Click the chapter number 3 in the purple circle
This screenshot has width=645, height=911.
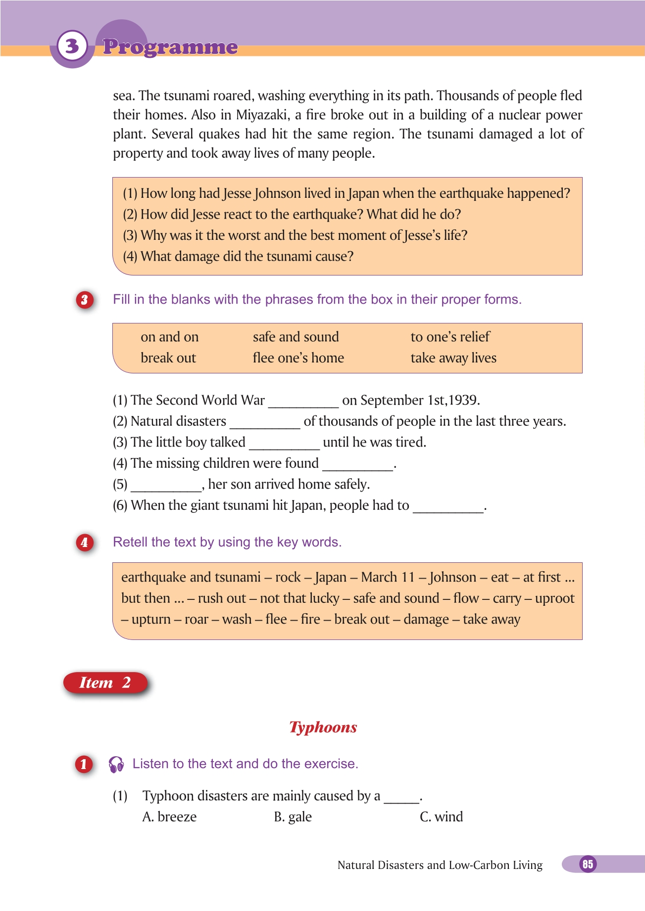72,46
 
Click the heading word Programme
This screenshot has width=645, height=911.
170,47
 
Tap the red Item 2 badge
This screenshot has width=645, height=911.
105,683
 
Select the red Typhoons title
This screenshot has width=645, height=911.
323,727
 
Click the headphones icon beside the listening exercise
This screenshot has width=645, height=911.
116,764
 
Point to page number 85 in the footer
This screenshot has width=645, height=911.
588,864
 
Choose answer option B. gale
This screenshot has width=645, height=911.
293,817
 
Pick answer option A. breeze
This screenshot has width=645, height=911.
169,817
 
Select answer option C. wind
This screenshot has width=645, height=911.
441,817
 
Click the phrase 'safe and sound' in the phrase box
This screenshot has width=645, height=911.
296,337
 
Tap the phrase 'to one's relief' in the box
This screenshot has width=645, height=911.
450,337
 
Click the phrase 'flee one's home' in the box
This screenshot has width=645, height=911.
298,358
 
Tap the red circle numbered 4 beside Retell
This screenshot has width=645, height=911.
85,543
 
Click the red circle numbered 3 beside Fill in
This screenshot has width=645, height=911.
85,300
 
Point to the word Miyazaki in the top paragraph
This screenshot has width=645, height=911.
262,115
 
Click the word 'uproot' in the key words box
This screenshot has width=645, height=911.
554,598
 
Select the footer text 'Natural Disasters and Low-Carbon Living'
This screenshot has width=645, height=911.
440,865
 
